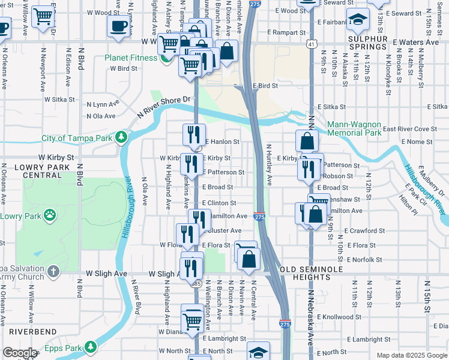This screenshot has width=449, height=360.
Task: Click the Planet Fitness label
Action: click(x=131, y=58)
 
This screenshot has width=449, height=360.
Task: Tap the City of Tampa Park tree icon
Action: click(x=121, y=137)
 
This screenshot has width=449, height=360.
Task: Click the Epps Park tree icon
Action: click(x=90, y=347)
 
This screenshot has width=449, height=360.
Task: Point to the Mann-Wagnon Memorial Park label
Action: click(x=354, y=128)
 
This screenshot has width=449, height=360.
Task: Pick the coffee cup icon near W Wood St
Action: click(x=118, y=26)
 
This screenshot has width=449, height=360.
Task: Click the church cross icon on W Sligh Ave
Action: click(x=53, y=272)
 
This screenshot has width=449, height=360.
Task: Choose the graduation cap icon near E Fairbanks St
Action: click(x=358, y=21)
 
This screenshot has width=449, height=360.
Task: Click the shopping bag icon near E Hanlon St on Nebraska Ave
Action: click(x=307, y=142)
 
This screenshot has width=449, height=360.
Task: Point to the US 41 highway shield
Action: click(x=309, y=44)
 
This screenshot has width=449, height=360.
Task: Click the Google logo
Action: click(x=20, y=353)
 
